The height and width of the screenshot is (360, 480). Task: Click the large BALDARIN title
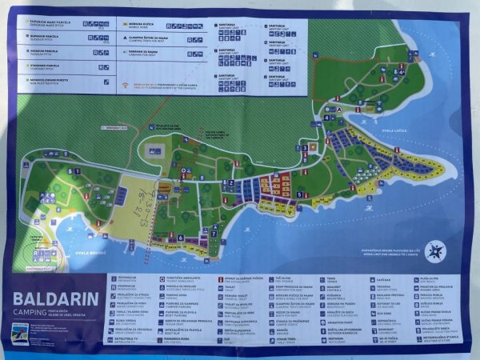[55, 301]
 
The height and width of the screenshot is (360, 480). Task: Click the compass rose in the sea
[435, 251]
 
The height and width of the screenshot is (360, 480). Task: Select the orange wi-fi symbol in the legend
[126, 84]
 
